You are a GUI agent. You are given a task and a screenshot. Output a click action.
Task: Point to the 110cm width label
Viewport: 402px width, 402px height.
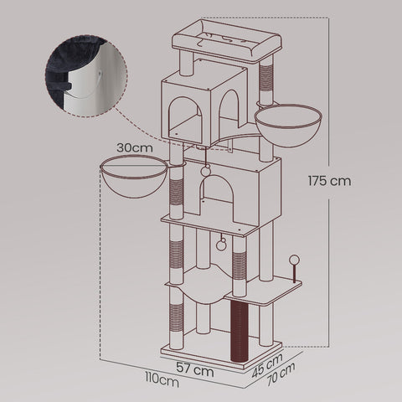(x=161, y=382)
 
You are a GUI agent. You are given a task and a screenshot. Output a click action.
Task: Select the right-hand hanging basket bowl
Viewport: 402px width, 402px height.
(x=287, y=124)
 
